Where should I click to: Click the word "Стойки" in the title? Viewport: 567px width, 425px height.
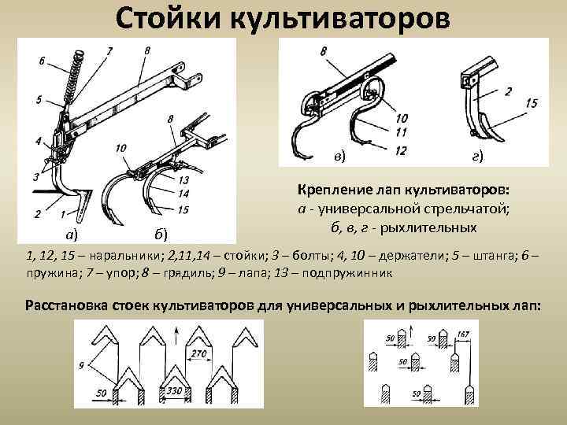pos(168,18)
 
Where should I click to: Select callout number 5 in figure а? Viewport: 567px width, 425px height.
pos(39,100)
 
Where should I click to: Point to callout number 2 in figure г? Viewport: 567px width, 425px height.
pos(509,92)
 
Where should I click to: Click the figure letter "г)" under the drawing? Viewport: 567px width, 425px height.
pos(477,157)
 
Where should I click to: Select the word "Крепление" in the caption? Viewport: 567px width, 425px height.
pos(336,191)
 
